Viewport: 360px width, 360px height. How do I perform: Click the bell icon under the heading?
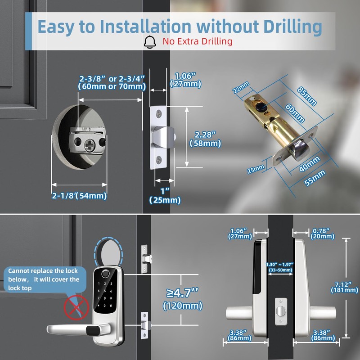(150, 41)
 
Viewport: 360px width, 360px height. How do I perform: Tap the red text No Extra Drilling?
(198, 41)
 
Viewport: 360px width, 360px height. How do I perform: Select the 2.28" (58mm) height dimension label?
(206, 139)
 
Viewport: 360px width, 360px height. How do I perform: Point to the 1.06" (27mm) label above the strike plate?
(185, 80)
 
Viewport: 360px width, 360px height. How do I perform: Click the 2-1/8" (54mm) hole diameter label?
(79, 195)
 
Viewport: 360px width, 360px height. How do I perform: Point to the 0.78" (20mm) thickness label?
(323, 233)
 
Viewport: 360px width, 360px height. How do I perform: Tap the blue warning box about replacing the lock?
(43, 279)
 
